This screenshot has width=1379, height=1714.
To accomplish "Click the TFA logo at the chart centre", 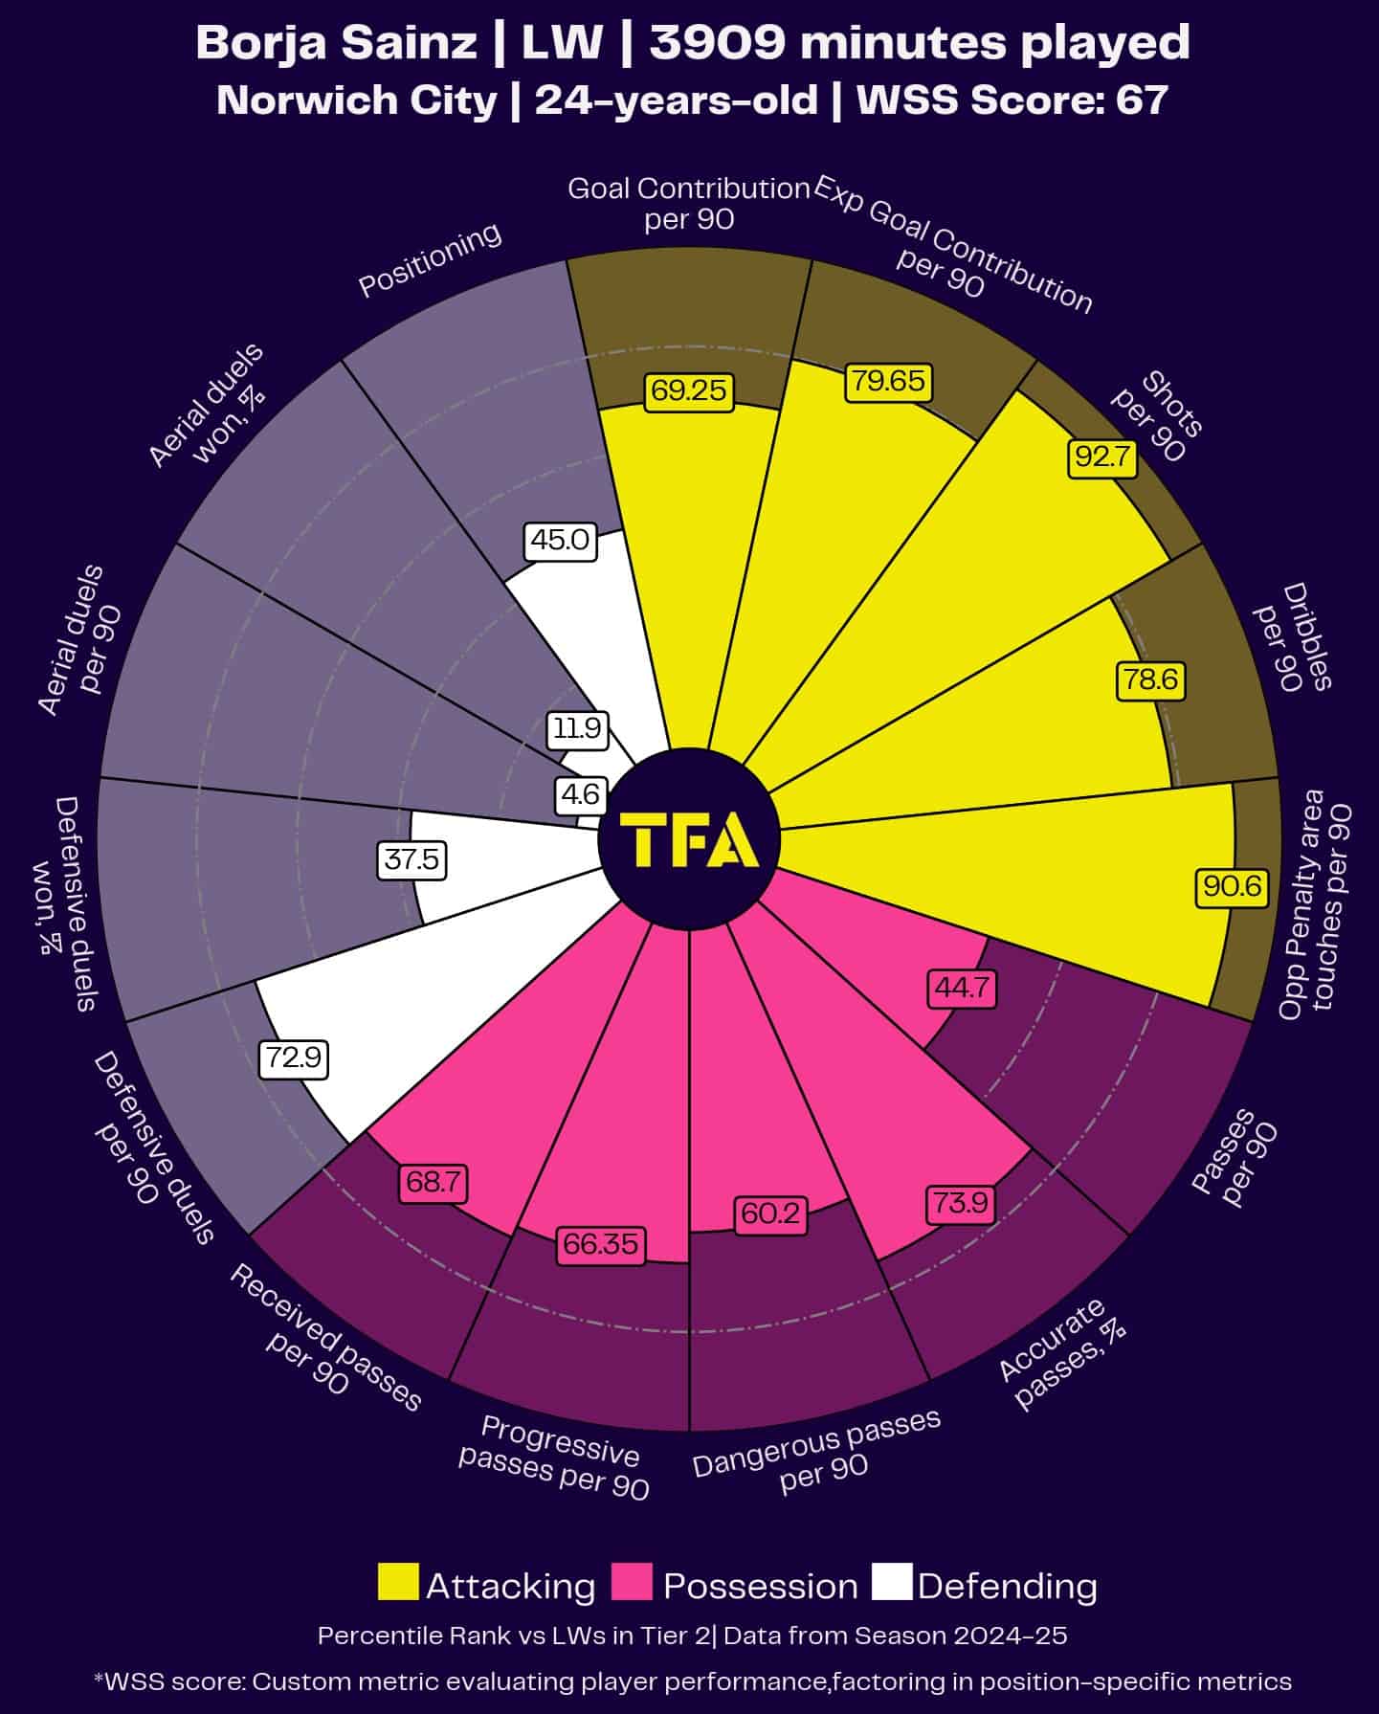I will pos(689,841).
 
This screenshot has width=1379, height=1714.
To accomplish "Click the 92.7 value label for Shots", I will pos(1102,457).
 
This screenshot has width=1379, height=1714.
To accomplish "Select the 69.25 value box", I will pos(689,390).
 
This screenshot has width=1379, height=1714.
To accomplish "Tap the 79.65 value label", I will pos(889,381).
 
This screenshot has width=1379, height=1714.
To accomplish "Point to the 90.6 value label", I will pos(1233,886).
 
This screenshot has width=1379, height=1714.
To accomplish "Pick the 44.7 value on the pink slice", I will pos(962,987).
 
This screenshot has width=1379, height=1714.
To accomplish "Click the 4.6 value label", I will pos(580,794).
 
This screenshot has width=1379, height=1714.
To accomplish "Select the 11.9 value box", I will pos(578,729).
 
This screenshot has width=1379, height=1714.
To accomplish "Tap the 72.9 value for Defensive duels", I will pos(294,1058).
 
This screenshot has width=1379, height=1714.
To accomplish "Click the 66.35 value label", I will pos(600,1243).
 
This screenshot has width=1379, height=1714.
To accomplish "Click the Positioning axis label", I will pos(430,259).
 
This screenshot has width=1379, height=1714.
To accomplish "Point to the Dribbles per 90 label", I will pos(1293,637).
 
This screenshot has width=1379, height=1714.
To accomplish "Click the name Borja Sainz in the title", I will pos(336,43).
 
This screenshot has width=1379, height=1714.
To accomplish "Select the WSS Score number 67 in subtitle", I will pos(1143,100).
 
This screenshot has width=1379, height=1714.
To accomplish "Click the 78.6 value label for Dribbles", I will pos(1150,680).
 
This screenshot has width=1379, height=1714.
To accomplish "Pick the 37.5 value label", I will pos(411,859).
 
